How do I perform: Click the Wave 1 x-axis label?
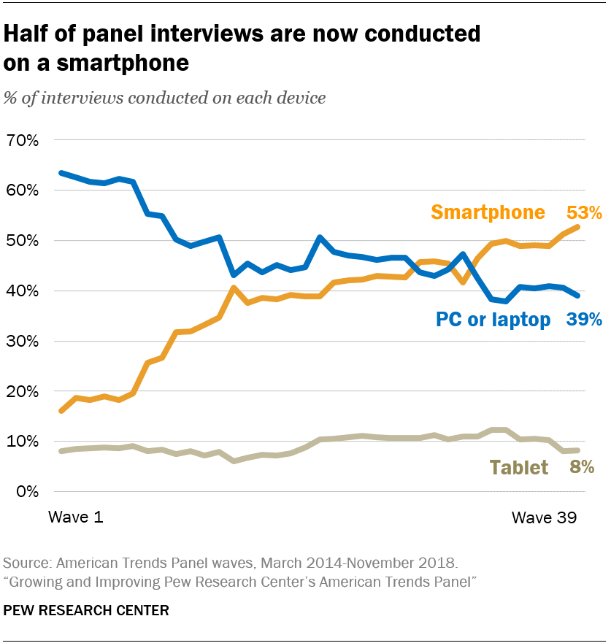tap(76, 517)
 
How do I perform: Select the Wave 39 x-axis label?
tap(544, 517)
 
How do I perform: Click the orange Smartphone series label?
tap(488, 212)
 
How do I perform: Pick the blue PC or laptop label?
tap(493, 320)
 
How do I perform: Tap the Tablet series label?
tap(518, 468)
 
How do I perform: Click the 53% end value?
tap(584, 212)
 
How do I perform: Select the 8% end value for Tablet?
tap(581, 468)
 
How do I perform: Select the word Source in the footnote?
tap(26, 563)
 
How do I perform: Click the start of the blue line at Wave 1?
tap(61, 173)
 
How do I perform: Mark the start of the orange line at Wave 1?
tap(61, 411)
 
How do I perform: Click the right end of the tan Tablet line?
tap(578, 450)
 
